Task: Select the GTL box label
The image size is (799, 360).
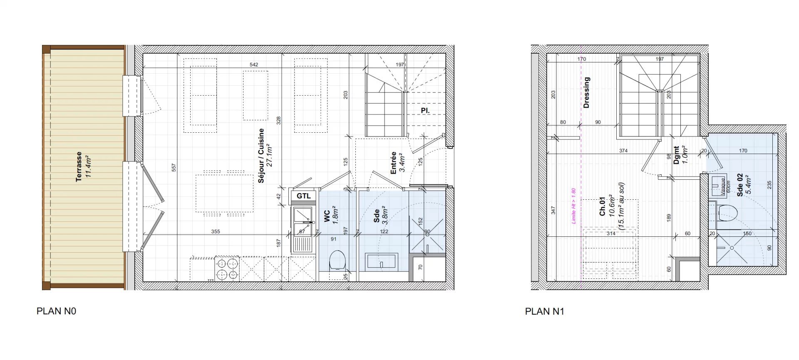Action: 304,196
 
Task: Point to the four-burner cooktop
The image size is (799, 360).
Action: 228,268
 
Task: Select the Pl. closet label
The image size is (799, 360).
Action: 425,111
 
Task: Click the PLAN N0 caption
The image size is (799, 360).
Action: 57,311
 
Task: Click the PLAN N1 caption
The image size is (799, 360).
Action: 545,311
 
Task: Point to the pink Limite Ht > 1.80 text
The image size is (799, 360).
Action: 573,206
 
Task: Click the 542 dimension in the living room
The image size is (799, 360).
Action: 254,65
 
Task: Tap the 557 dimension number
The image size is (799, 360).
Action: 174,167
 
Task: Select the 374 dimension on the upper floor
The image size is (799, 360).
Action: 623,151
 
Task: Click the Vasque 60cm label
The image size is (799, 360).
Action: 724,187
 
